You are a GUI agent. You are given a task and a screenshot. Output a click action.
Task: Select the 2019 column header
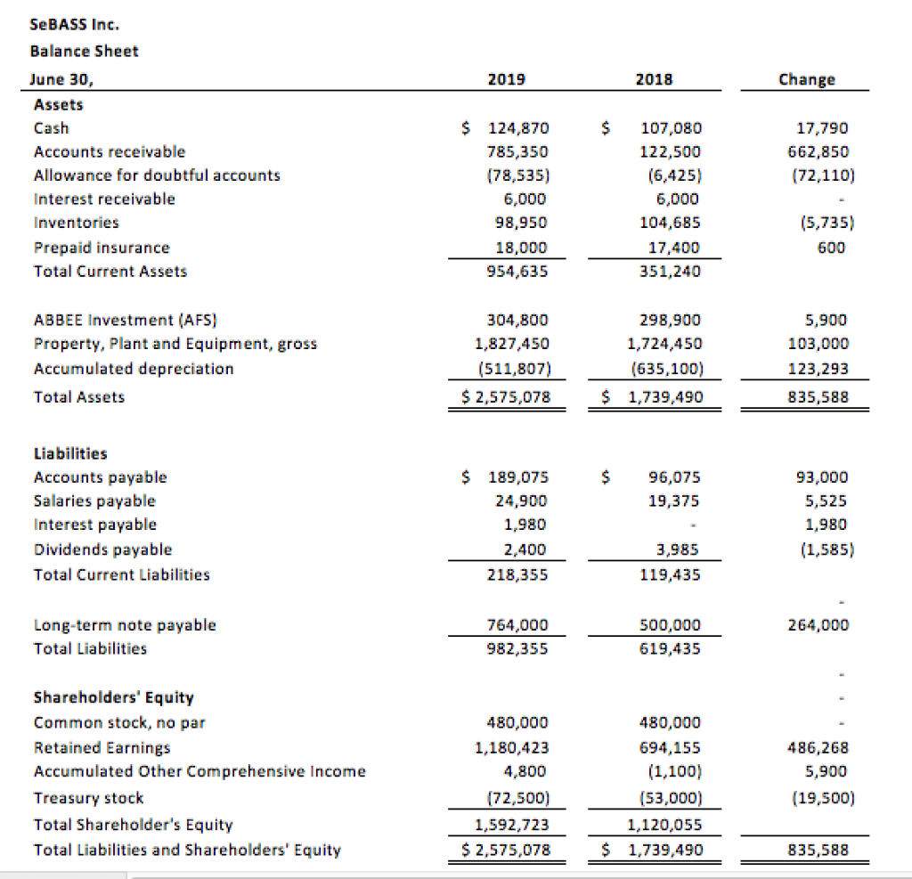(x=507, y=79)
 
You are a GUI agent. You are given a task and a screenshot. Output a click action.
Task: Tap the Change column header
(x=806, y=79)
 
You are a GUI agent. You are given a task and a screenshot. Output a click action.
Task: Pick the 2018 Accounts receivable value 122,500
(x=671, y=151)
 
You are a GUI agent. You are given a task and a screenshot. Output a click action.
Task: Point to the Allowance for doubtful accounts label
(x=157, y=175)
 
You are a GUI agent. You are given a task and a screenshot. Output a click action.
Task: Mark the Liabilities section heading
(x=70, y=453)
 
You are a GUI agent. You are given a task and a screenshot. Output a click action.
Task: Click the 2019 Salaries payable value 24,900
(x=521, y=501)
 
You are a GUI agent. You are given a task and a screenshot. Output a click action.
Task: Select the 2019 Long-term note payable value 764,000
(x=517, y=624)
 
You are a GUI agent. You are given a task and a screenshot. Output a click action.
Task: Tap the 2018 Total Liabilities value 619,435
(x=671, y=648)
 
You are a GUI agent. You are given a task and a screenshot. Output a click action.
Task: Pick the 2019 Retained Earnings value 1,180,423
(x=513, y=747)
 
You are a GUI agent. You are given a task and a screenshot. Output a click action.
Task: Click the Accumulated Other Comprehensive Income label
(x=199, y=771)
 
